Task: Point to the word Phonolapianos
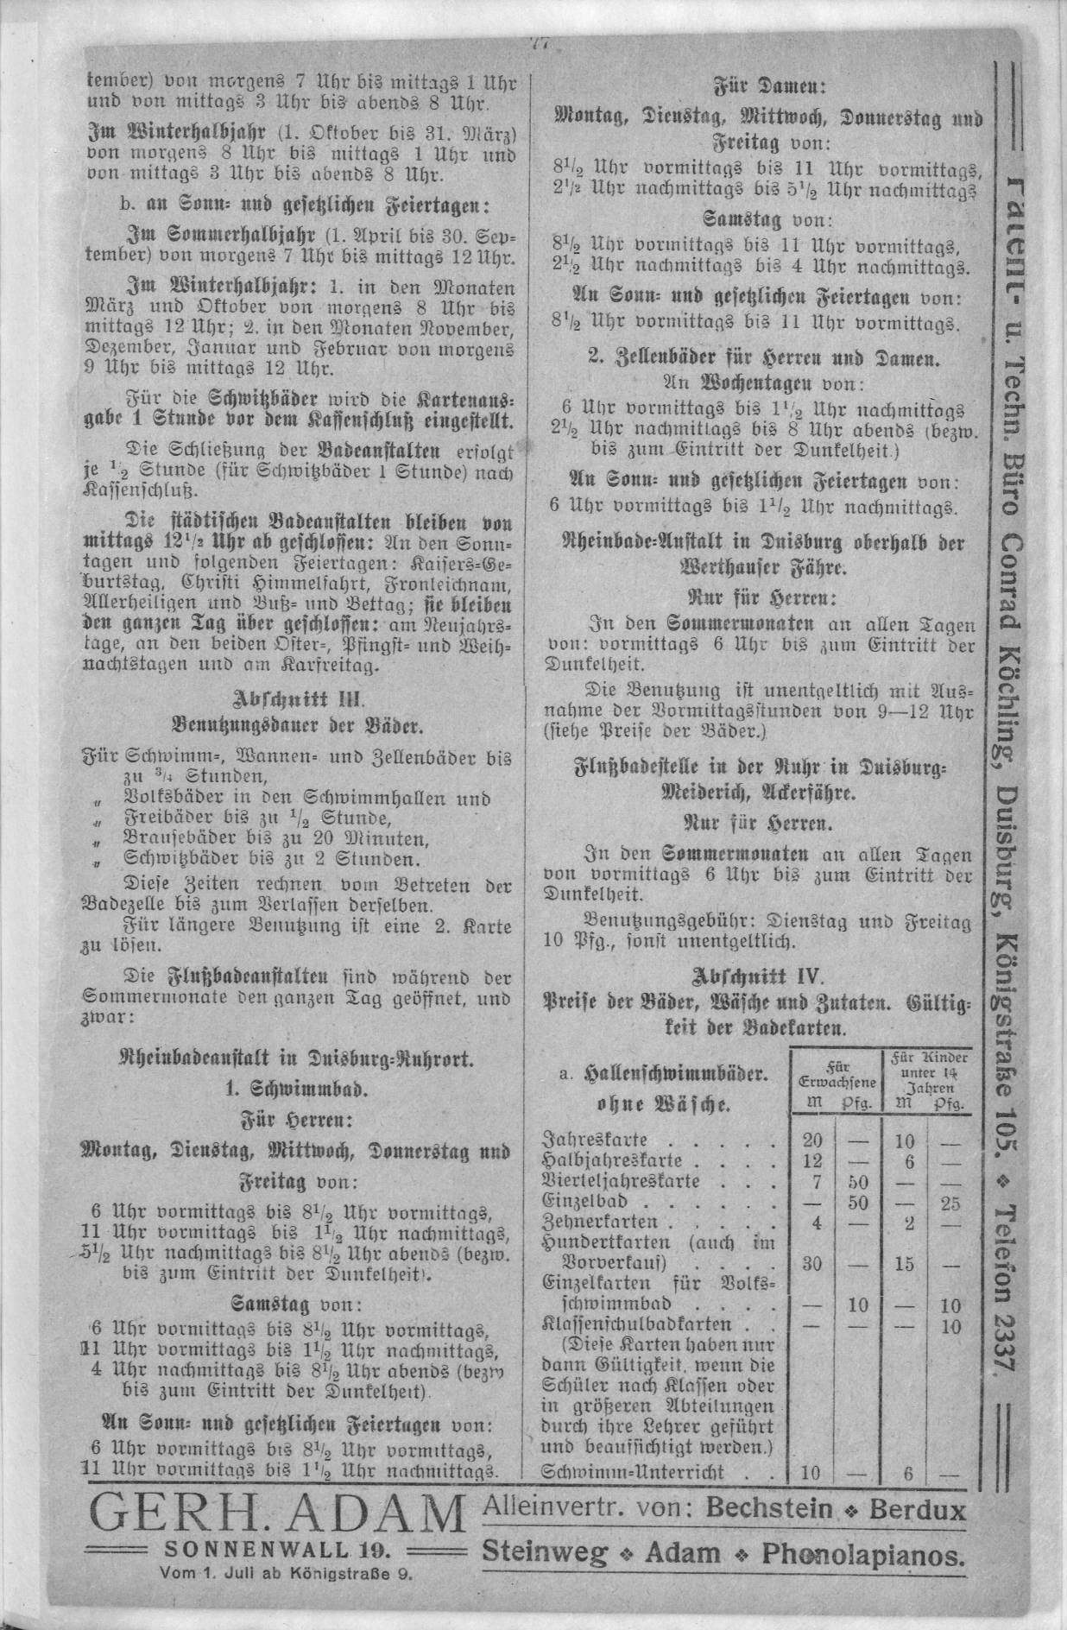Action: pos(862,1554)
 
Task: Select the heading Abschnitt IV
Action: pos(756,977)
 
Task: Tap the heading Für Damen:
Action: pos(757,87)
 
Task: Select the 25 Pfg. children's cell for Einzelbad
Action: pos(950,1202)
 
